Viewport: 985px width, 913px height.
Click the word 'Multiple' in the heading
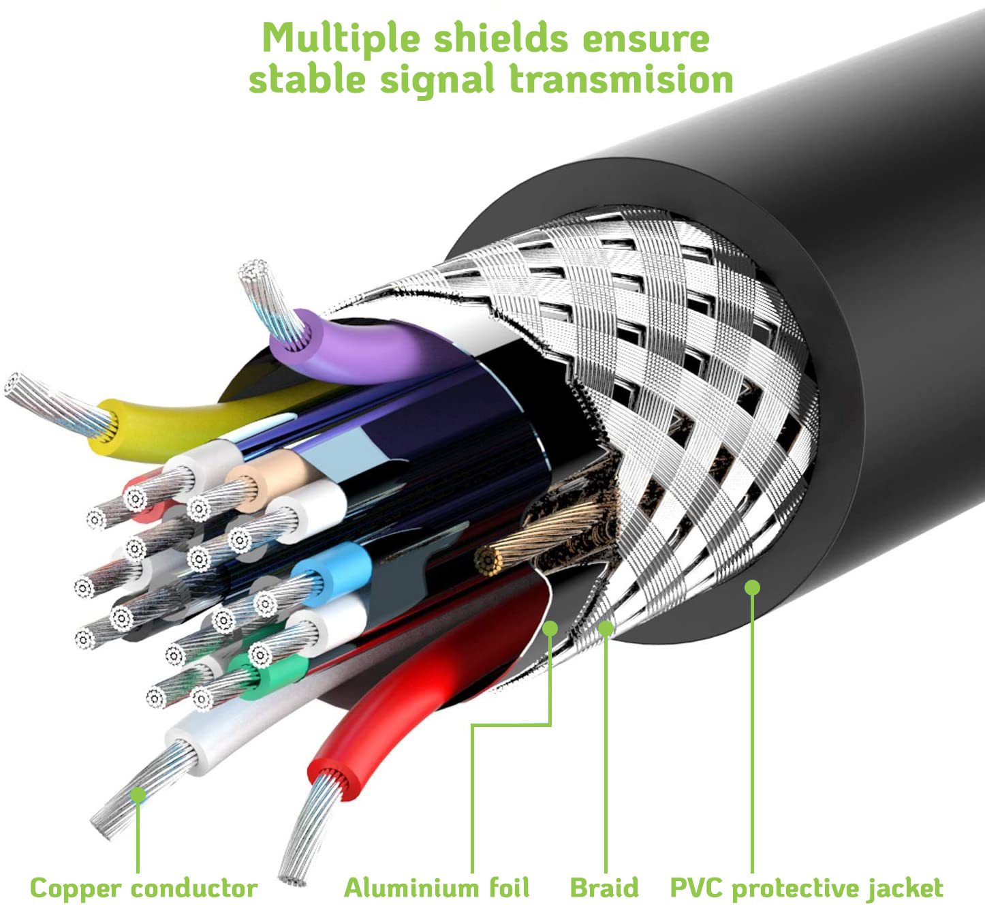coord(341,39)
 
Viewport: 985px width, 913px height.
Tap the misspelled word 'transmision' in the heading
coord(621,80)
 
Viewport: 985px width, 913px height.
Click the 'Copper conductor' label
coord(144,888)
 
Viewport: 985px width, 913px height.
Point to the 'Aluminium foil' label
coord(437,888)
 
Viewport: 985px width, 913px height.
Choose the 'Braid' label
coord(604,888)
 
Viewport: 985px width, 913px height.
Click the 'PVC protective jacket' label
coord(807,888)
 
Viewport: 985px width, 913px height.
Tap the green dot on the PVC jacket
coord(752,587)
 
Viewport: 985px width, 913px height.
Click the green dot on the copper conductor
coord(138,794)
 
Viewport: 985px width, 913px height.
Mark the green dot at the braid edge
coord(606,628)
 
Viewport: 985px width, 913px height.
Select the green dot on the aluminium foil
coord(550,628)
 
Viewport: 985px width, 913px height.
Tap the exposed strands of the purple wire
coord(269,300)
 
